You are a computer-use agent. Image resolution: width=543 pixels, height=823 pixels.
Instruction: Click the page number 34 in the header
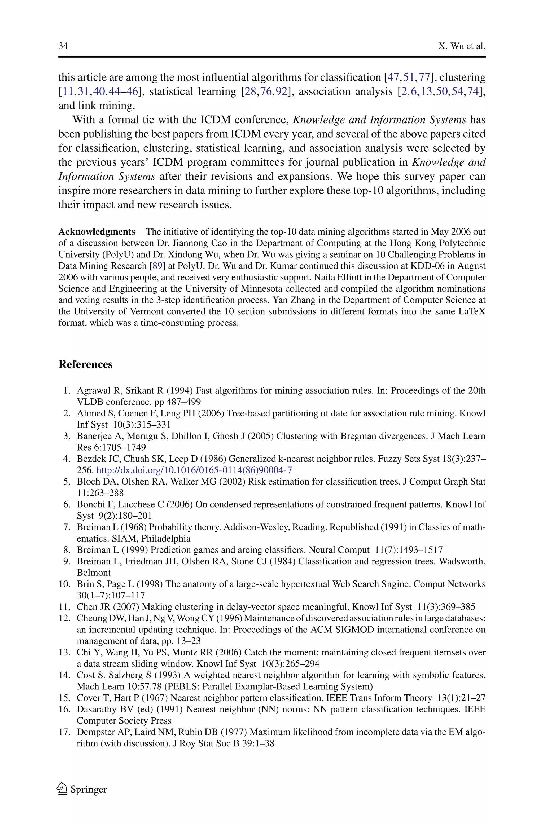pos(63,46)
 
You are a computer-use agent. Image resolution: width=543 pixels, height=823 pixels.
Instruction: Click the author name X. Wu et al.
pos(462,46)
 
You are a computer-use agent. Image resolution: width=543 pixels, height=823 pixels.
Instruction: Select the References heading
pos(86,364)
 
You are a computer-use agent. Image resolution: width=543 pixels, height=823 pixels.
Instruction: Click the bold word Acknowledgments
pos(97,232)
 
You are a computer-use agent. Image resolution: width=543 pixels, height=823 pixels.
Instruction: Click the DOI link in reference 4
pos(194,470)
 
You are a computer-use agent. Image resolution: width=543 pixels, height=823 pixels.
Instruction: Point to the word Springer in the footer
pos(89,789)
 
